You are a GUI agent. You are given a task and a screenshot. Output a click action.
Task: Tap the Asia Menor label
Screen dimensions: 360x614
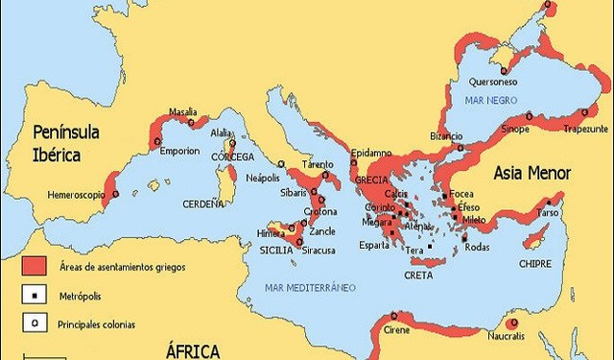click(532, 174)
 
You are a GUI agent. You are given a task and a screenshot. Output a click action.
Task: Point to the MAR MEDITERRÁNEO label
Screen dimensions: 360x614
click(310, 287)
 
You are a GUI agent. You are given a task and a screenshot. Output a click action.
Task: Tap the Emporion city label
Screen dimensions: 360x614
click(179, 151)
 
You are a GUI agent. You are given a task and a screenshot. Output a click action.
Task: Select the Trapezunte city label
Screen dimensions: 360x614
click(585, 128)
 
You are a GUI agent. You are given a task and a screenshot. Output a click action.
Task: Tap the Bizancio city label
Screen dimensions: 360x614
click(446, 136)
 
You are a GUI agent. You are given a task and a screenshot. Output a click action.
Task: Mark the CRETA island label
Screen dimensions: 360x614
click(419, 275)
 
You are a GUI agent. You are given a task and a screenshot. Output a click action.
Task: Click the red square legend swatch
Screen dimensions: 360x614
click(34, 265)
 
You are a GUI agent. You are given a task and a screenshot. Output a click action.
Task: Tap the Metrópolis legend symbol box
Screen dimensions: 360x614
click(34, 295)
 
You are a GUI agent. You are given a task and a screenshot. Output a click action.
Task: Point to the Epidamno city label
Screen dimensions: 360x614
click(370, 153)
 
